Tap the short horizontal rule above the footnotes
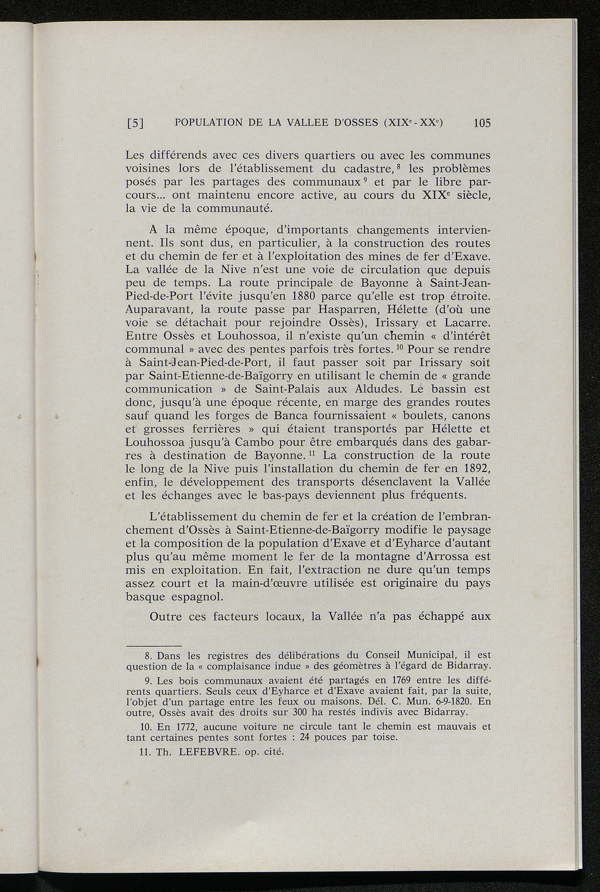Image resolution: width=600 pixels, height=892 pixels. pyautogui.click(x=154, y=644)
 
